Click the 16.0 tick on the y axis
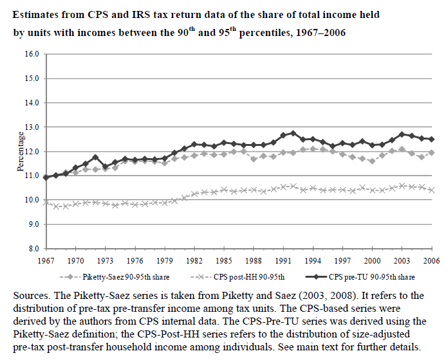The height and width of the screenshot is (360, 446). [32, 54]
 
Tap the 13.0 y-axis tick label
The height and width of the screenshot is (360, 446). [32, 127]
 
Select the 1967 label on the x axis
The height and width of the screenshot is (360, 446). [46, 260]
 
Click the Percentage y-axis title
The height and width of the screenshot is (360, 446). [20, 152]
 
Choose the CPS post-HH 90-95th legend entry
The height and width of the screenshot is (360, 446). [237, 277]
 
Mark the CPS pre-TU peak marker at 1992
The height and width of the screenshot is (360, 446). [293, 133]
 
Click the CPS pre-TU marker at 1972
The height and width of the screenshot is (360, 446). [95, 157]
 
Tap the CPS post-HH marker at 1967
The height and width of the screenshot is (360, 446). [46, 202]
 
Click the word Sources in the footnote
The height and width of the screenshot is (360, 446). [32, 295]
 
